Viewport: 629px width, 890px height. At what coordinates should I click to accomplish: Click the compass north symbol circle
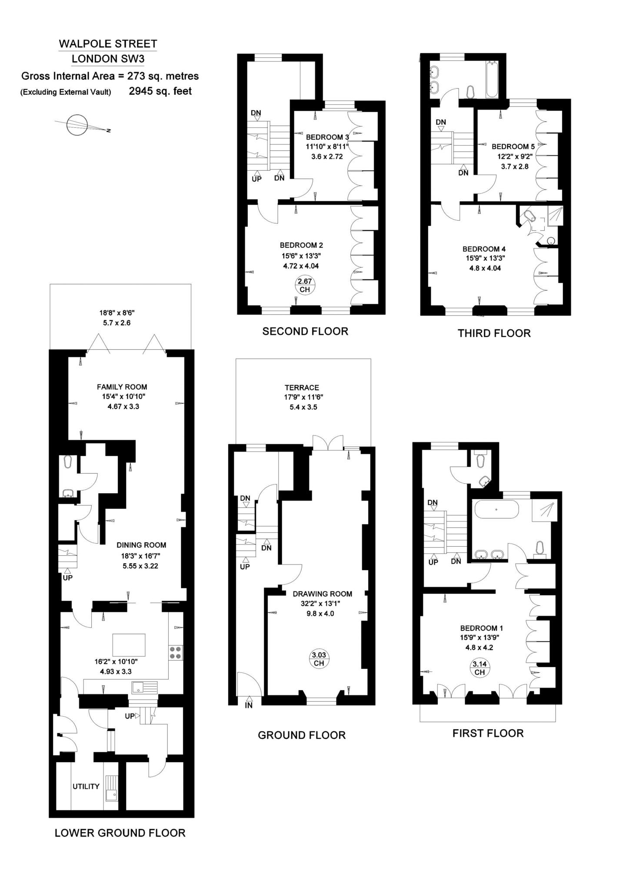point(77,125)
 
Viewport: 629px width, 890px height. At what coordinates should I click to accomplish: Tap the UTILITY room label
point(86,786)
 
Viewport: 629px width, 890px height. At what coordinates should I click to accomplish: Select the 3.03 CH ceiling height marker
point(319,659)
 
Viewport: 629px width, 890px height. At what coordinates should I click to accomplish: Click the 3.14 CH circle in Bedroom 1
point(479,668)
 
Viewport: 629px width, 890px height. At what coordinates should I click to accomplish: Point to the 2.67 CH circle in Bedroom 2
point(305,285)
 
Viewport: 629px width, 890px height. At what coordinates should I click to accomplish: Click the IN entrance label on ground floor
point(249,706)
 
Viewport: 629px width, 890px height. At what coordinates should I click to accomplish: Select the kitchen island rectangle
point(129,644)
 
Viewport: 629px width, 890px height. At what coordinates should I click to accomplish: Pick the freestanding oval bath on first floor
point(496,509)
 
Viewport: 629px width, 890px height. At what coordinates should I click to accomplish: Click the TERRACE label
point(302,387)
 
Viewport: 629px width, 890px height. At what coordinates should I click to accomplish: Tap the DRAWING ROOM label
point(322,594)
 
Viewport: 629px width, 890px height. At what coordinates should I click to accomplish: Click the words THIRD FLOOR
point(494,333)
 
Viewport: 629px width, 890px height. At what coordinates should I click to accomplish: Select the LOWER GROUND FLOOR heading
point(120,833)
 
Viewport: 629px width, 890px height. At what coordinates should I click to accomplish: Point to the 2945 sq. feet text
point(160,91)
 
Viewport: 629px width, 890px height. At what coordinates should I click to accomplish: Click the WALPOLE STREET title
point(108,44)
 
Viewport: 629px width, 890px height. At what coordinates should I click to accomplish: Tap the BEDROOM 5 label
point(513,146)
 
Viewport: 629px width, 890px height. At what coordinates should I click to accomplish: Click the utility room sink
point(111,789)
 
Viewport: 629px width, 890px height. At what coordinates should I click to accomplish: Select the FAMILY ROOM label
point(122,387)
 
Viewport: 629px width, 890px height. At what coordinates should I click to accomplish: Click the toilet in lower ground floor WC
point(67,462)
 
